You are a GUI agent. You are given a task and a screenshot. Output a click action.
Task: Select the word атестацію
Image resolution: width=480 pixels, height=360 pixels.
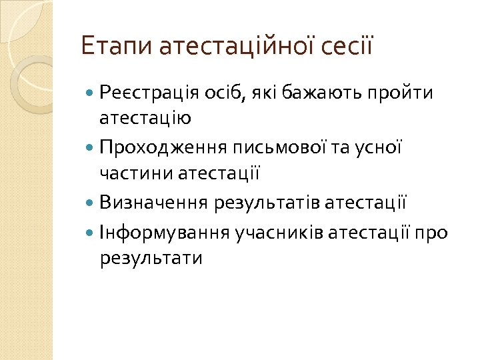pos(145,118)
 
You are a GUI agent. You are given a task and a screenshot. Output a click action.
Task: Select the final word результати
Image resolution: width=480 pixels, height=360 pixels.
pos(151,257)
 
